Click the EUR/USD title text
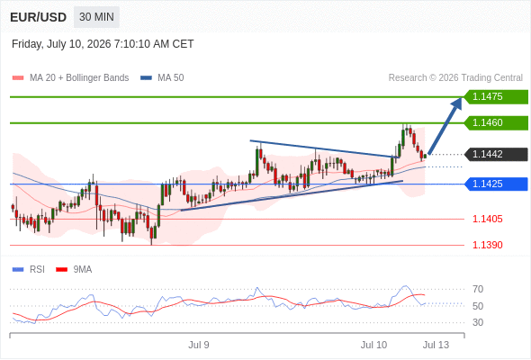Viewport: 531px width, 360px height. click(x=39, y=17)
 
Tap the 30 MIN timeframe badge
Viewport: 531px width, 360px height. click(x=96, y=17)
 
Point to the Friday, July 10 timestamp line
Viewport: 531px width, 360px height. click(x=103, y=44)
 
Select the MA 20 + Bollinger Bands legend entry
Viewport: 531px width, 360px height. click(x=70, y=78)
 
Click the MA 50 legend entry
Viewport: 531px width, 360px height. click(x=162, y=78)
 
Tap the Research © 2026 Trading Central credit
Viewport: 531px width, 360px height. click(x=455, y=78)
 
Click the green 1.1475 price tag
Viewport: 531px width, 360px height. click(x=496, y=97)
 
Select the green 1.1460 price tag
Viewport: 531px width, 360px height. click(x=496, y=123)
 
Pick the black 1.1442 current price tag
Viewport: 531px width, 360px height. click(x=496, y=155)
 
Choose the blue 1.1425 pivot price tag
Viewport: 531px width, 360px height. click(x=496, y=184)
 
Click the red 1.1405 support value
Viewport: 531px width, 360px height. click(x=487, y=219)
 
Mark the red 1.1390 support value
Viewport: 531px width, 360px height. click(x=487, y=245)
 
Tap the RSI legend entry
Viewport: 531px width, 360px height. click(x=29, y=270)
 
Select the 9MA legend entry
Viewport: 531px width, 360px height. click(x=74, y=270)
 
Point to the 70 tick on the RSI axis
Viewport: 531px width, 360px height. click(x=478, y=289)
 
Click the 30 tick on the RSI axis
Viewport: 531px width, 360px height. click(x=478, y=322)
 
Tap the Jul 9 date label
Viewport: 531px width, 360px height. click(x=199, y=345)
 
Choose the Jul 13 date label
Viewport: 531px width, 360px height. click(x=436, y=345)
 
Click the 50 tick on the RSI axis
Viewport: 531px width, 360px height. click(x=478, y=306)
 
